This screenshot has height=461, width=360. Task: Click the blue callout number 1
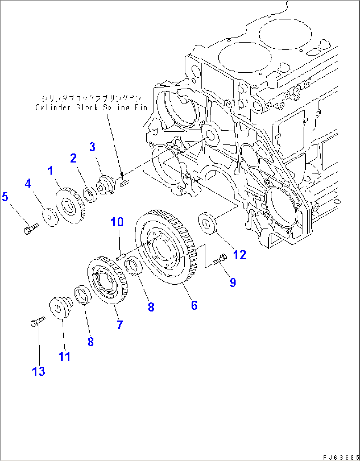tap(50, 171)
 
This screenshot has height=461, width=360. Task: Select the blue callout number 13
tap(38, 371)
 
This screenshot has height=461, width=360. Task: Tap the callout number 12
tap(239, 255)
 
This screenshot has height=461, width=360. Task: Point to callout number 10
tap(117, 222)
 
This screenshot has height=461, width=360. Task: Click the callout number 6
tap(194, 305)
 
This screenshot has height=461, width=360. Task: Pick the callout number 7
tap(120, 325)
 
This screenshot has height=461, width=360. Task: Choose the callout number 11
tap(64, 356)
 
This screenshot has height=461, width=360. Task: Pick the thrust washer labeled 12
tap(207, 223)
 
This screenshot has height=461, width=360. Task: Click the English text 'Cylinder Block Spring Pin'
tap(91, 108)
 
